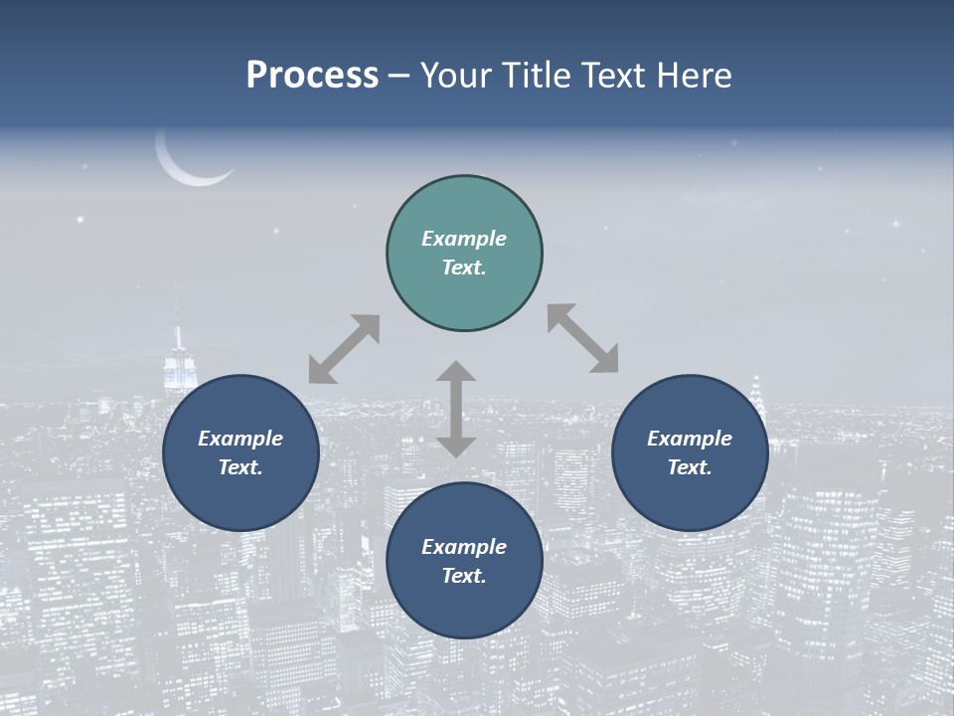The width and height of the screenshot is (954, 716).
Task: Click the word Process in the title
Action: click(312, 76)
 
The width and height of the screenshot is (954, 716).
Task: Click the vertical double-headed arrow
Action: click(456, 409)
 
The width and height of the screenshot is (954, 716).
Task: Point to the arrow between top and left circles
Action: click(344, 349)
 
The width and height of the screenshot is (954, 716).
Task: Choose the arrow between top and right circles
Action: click(582, 338)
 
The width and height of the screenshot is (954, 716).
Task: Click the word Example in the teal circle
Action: click(464, 239)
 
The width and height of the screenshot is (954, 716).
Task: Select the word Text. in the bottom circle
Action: click(464, 576)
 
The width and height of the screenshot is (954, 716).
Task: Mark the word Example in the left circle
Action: click(240, 439)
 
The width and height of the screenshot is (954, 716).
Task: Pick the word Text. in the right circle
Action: click(690, 467)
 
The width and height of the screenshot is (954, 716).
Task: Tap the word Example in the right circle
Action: click(690, 439)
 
